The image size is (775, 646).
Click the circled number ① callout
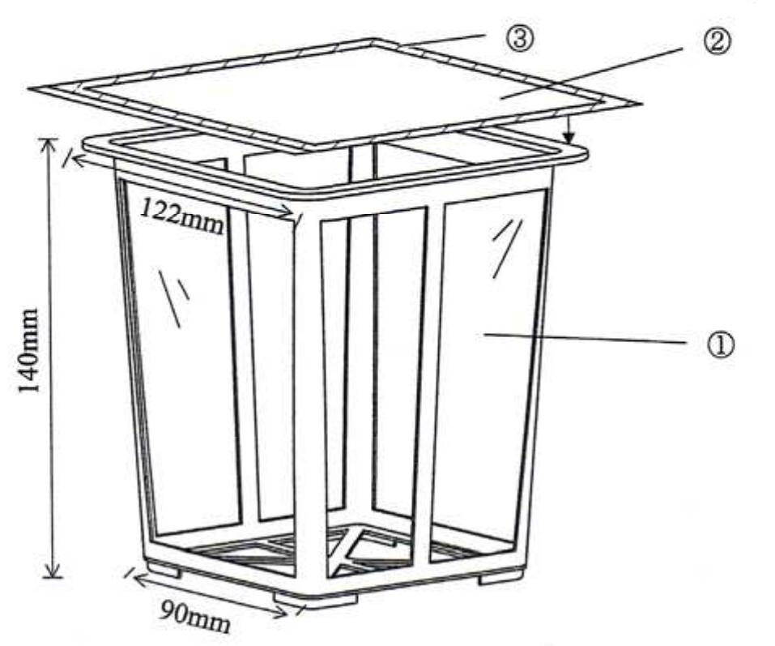click(x=721, y=345)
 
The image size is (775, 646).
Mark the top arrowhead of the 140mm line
click(x=50, y=143)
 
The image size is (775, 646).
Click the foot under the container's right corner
click(x=500, y=578)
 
